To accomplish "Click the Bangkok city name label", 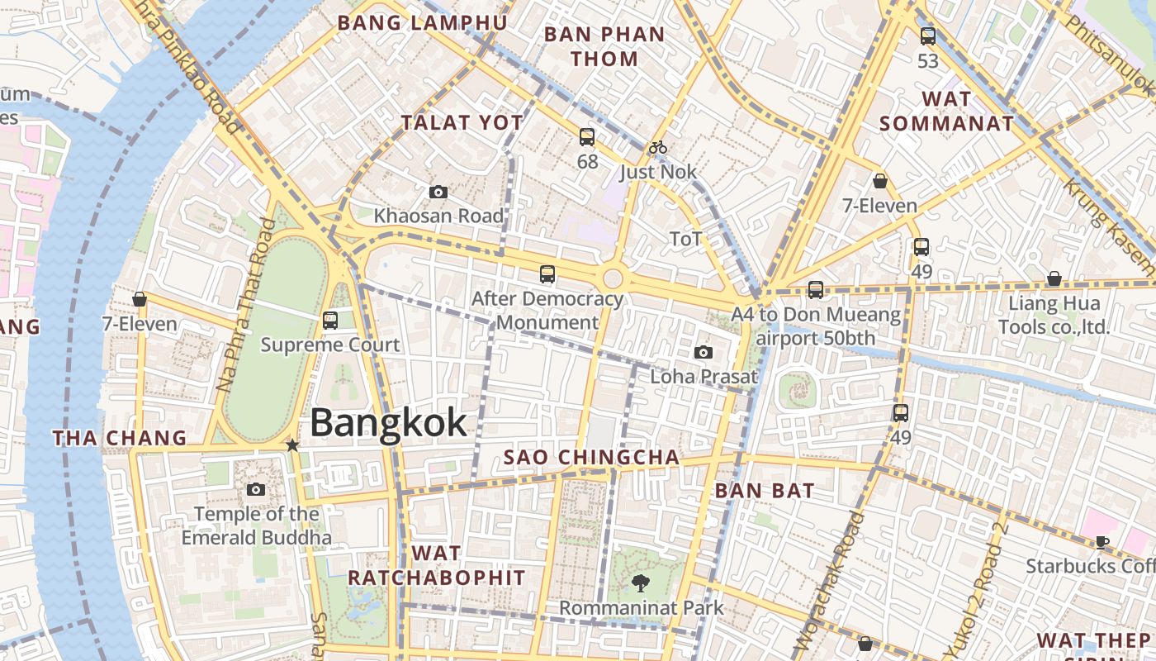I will [x=388, y=423].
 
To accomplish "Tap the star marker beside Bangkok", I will [x=292, y=445].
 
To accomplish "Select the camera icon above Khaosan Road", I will [x=438, y=193].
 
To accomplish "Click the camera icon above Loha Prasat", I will [x=704, y=353].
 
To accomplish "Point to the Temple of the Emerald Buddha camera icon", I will [x=256, y=490].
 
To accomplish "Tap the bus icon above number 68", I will [x=587, y=137].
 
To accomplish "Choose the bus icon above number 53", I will [x=928, y=36].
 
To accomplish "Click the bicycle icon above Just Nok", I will [x=658, y=148].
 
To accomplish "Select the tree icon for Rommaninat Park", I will [x=641, y=584].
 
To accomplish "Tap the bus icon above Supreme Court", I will [x=330, y=321].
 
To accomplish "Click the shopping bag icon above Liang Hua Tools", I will [x=1054, y=279].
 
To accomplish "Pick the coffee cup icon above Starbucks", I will [x=1102, y=542].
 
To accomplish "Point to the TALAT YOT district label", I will [x=462, y=123].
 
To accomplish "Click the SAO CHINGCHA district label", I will [x=592, y=457].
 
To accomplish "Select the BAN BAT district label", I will [x=765, y=490].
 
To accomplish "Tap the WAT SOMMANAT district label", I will [x=946, y=111].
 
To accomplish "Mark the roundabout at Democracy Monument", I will [x=613, y=278].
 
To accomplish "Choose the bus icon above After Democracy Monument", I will [x=547, y=274].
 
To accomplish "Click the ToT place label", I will [x=686, y=240].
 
